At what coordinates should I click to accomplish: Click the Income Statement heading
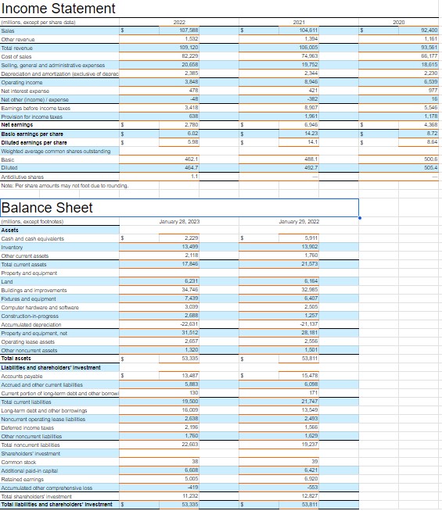(x=59, y=9)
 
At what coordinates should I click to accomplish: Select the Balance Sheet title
(x=47, y=208)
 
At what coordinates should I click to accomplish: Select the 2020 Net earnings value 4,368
(x=427, y=123)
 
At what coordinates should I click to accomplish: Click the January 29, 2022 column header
(x=298, y=222)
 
